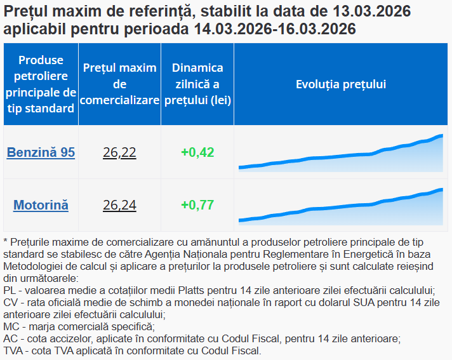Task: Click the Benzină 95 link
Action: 41,152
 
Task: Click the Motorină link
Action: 41,205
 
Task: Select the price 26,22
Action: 119,152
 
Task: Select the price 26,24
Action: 119,205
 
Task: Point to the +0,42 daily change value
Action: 197,152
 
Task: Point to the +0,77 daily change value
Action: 197,205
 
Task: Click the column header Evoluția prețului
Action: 341,84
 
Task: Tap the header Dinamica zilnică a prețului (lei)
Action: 197,84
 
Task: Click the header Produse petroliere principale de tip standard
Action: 41,84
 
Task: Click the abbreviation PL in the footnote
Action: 10,290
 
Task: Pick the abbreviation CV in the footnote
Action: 10,302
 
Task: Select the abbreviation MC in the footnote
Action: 11,327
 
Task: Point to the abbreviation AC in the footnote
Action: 10,339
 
